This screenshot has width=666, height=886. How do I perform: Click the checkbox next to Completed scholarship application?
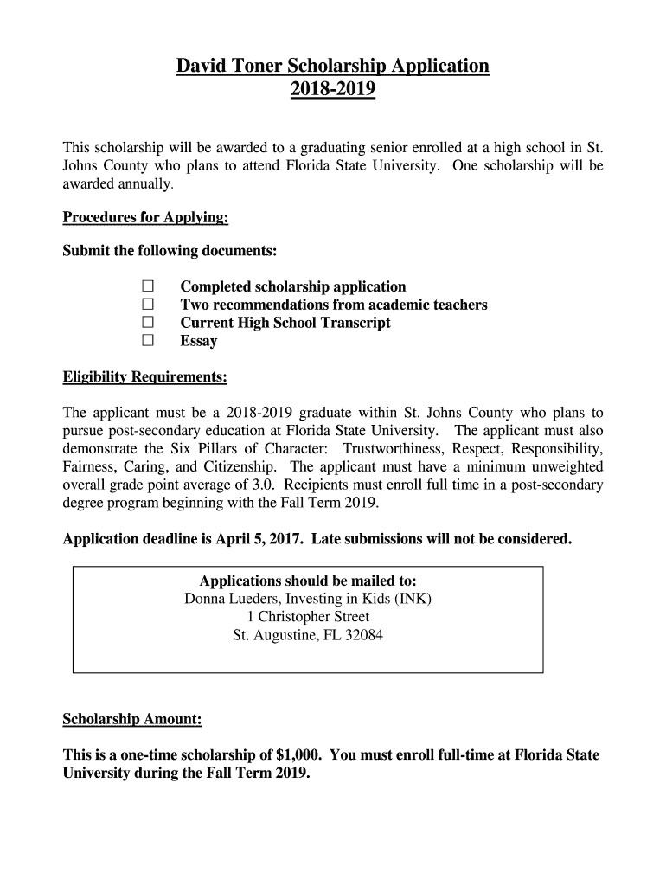point(147,286)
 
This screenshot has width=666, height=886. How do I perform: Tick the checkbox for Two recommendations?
point(147,305)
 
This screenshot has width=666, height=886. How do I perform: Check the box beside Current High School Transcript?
point(147,323)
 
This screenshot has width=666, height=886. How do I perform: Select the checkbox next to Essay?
point(147,341)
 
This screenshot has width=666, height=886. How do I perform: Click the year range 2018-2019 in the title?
point(333,89)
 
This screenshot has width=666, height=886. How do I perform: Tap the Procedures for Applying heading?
point(145,218)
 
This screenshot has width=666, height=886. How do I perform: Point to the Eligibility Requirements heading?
point(145,377)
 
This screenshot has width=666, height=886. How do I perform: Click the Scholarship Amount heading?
point(132,719)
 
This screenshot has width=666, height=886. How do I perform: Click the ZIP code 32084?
point(363,635)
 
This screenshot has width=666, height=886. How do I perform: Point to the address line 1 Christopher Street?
point(308,617)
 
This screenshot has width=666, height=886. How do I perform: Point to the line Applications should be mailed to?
point(308,581)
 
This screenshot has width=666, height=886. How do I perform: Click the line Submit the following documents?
point(170,251)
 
